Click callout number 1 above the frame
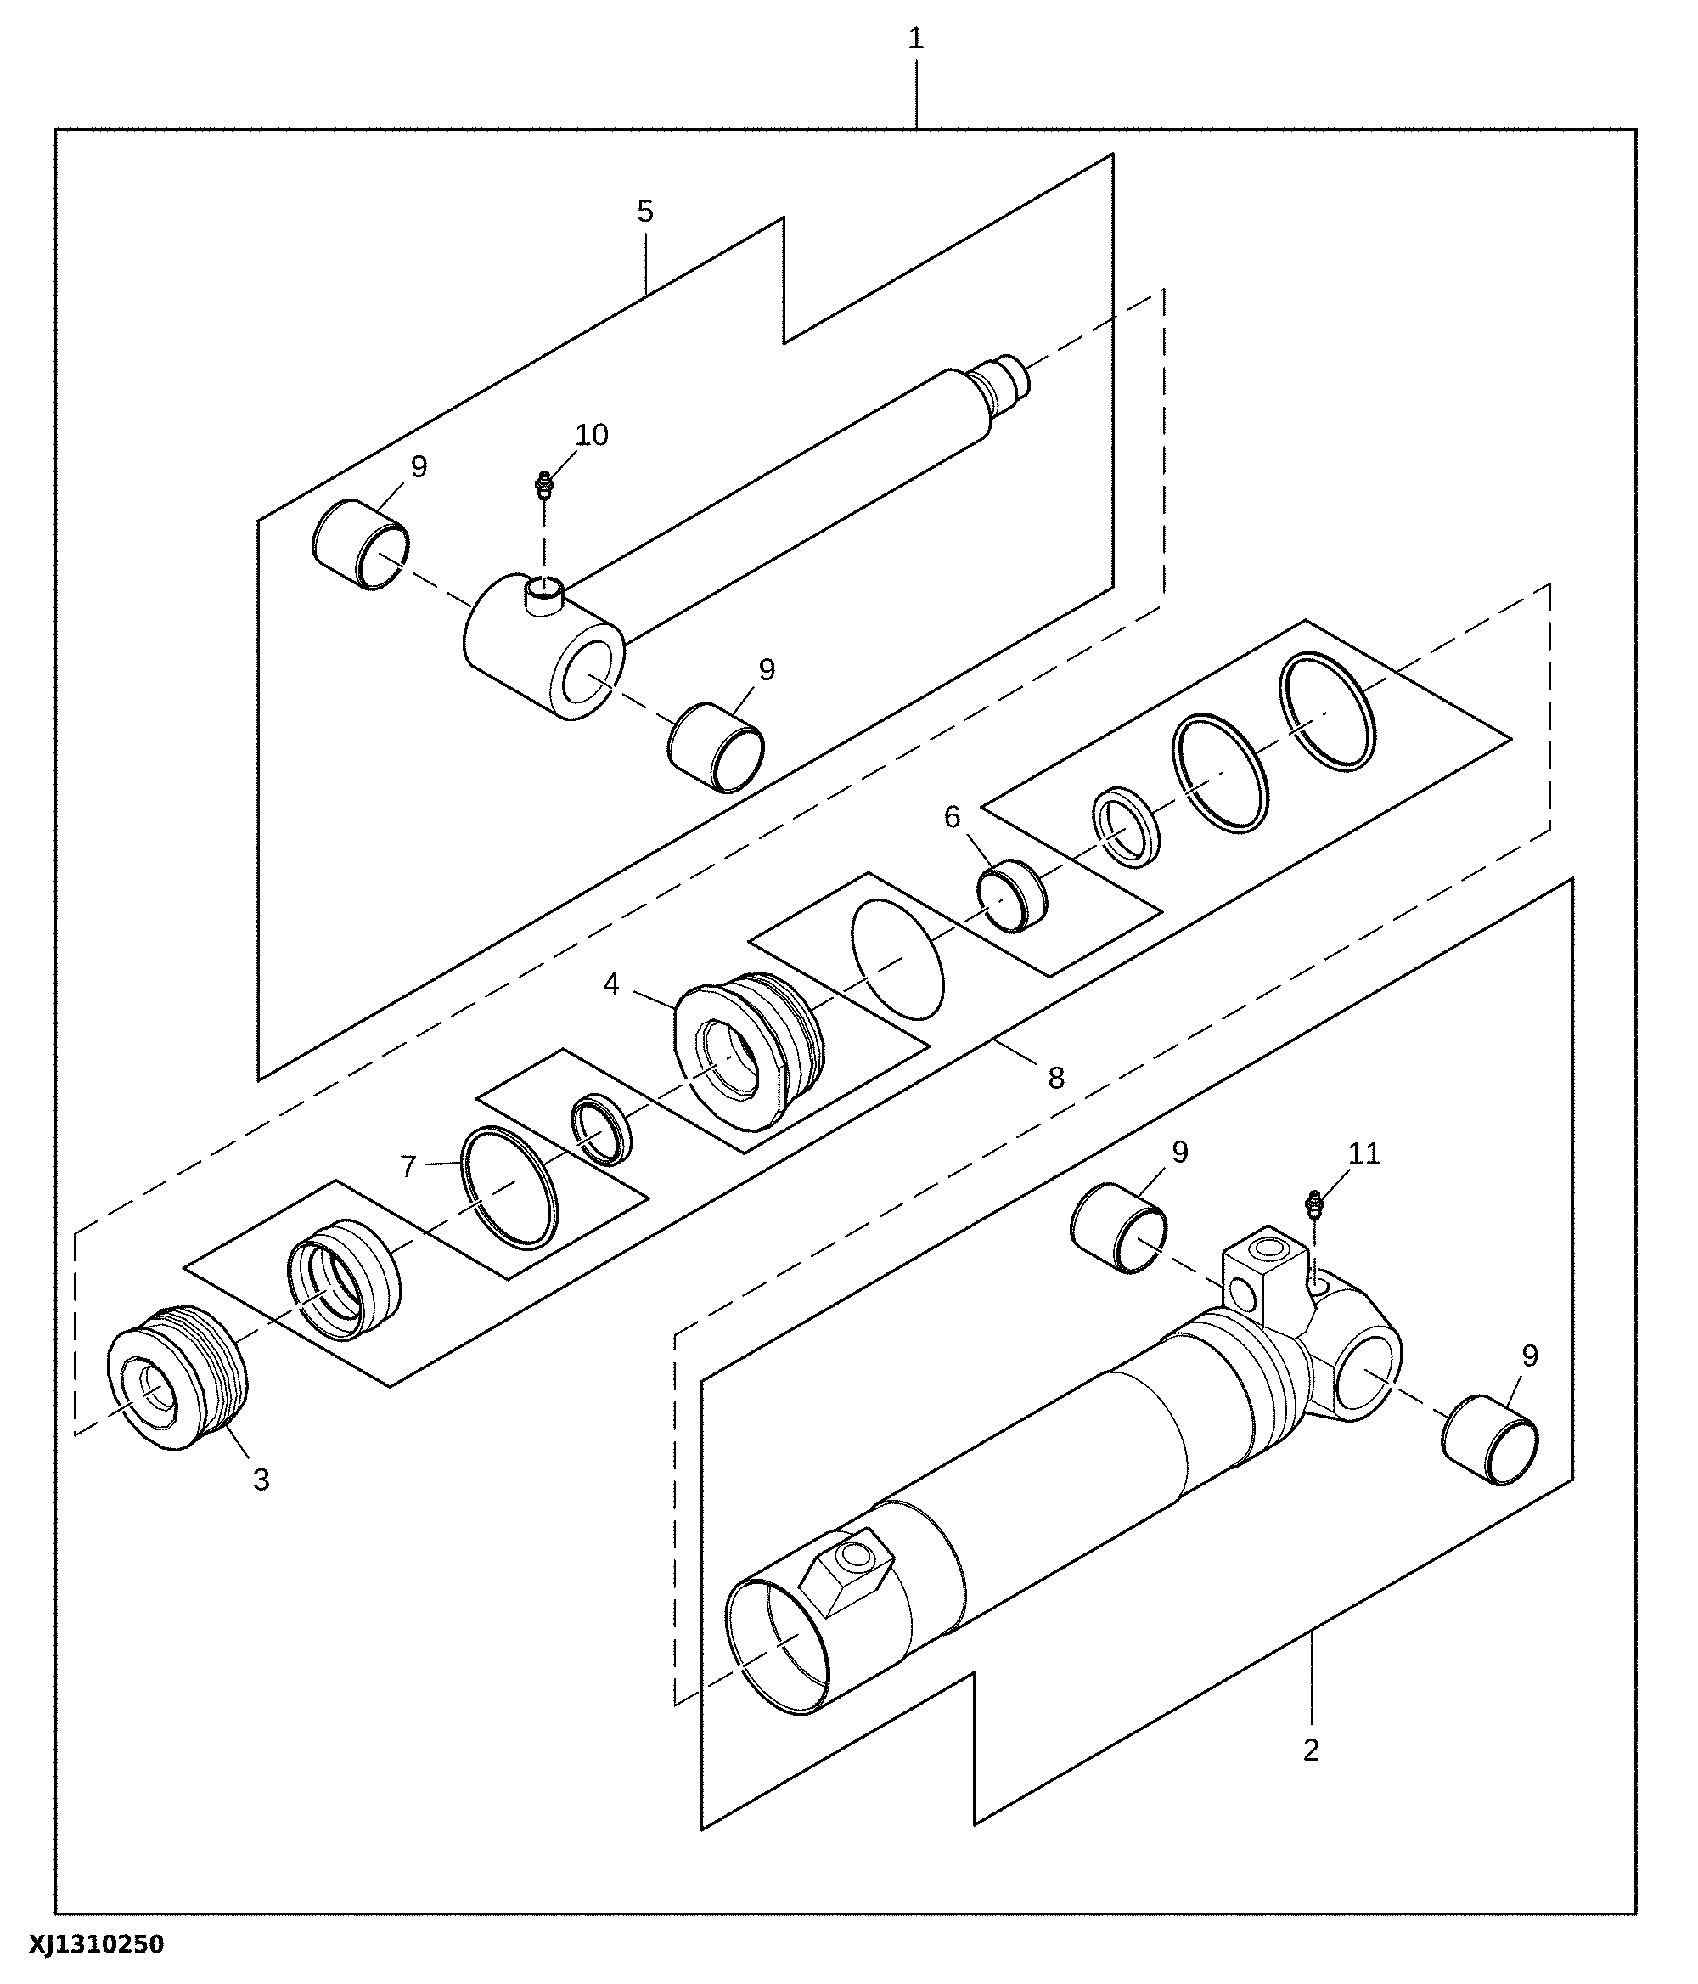(916, 39)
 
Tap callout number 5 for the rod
(645, 211)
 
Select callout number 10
(592, 436)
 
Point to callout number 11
(1364, 1155)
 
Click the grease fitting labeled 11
(1313, 1204)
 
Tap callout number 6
(952, 817)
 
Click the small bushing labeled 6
(1012, 894)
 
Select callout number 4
(611, 984)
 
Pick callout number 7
(408, 1167)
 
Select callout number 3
(261, 1480)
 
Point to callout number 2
(1310, 1750)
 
